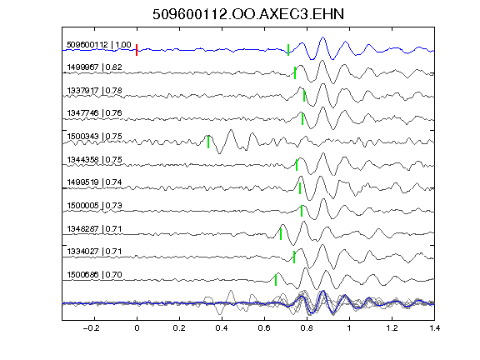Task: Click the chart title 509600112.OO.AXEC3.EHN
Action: pos(248,14)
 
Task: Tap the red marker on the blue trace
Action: pos(137,50)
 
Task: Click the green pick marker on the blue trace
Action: pos(288,50)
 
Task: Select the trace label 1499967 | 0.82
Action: pos(94,67)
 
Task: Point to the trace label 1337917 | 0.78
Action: pos(94,90)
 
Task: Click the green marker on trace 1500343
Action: pos(208,142)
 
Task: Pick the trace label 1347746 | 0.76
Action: pos(94,113)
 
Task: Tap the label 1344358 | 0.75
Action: pos(94,159)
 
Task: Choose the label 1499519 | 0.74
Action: pos(94,182)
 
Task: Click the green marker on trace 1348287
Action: pos(281,234)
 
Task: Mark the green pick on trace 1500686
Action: pos(276,280)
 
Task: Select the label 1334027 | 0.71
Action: pos(94,252)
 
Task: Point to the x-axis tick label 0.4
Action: pos(222,328)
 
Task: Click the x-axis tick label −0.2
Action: pos(91,328)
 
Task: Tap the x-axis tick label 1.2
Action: pos(392,328)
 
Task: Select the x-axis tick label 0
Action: pos(137,328)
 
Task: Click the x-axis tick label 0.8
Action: pos(307,328)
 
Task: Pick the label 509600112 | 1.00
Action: pos(99,45)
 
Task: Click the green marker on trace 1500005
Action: pos(302,211)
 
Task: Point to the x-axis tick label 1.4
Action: pos(434,328)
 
